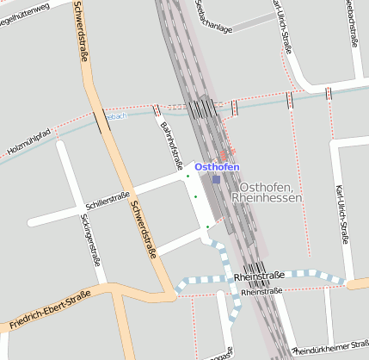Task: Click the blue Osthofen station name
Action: coord(217,166)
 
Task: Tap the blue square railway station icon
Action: coord(216,180)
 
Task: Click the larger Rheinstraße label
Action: coord(259,276)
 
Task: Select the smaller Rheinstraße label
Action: coord(262,292)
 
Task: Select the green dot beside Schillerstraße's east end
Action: coord(188,176)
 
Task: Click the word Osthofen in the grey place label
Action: coord(268,187)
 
